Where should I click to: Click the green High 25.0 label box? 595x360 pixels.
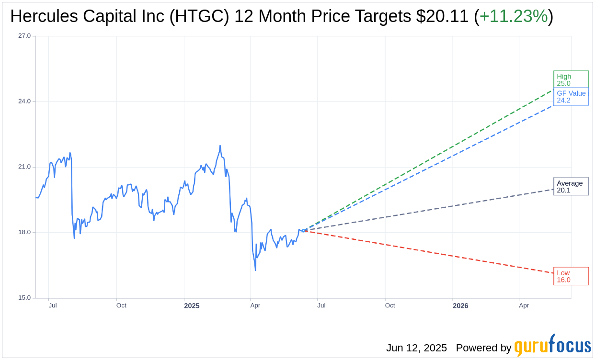(x=570, y=79)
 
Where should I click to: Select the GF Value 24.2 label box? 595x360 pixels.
(x=571, y=97)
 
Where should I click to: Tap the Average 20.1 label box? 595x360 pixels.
(x=570, y=187)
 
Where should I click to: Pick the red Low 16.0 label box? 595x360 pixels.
(x=570, y=276)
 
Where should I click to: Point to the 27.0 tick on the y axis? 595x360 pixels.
(x=24, y=36)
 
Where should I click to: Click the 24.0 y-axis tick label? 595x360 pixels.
(x=24, y=101)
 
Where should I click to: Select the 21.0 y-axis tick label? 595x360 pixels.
(x=24, y=167)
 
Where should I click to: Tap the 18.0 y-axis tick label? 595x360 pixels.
(x=24, y=232)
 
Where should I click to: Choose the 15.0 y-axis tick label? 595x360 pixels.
(x=24, y=298)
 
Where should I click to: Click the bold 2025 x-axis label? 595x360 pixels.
(x=192, y=305)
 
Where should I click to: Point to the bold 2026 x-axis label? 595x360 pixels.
(x=460, y=305)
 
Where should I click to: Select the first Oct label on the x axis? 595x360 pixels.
(x=121, y=305)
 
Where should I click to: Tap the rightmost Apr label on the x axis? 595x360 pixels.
(x=524, y=305)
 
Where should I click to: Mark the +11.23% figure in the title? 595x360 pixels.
(x=514, y=16)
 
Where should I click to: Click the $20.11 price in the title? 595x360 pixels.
(x=442, y=16)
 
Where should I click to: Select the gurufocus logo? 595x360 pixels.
(x=552, y=346)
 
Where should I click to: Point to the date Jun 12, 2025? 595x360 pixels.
(x=416, y=348)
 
